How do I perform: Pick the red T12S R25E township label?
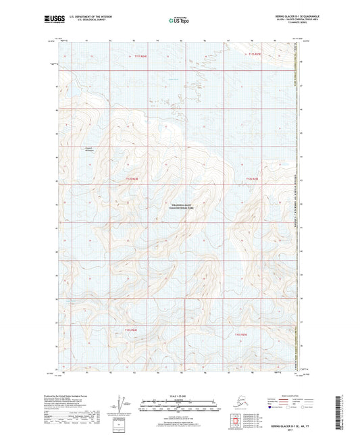[x=252, y=179]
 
